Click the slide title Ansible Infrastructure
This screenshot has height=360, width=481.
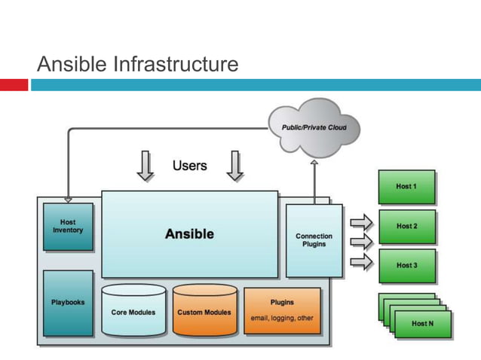138,64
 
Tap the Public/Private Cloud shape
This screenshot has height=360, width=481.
314,127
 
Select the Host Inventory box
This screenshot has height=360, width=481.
68,227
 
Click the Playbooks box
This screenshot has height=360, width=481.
68,303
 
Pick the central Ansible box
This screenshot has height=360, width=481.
189,233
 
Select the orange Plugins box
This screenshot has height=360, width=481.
282,310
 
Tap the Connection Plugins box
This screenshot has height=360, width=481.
314,240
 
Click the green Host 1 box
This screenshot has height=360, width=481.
406,186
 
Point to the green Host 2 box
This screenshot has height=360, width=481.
406,226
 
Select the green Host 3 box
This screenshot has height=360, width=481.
406,266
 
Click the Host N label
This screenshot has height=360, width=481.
422,323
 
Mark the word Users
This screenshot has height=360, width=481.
189,165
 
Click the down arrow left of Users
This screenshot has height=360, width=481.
145,166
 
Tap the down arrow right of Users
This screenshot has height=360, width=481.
235,166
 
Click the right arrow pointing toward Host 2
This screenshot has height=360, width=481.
362,242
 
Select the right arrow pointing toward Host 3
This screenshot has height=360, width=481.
362,261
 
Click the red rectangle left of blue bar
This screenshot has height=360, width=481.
14,85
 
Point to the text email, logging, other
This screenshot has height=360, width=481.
282,318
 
